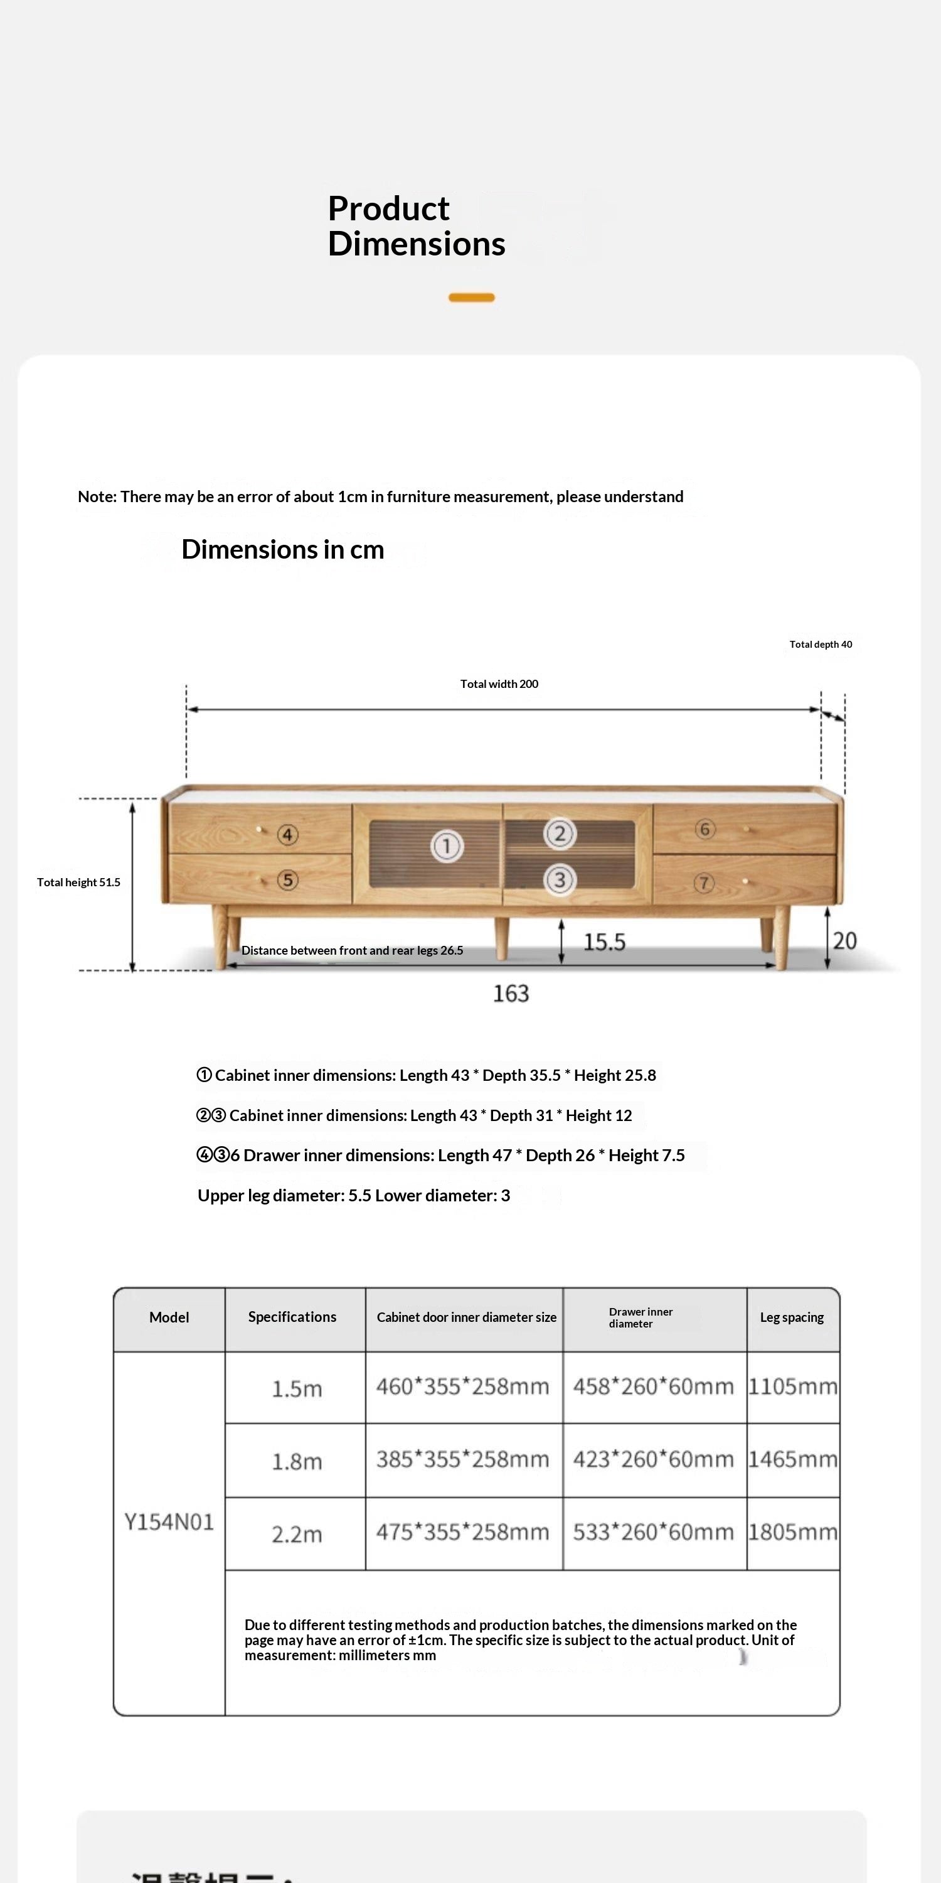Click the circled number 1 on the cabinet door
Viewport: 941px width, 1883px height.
point(447,847)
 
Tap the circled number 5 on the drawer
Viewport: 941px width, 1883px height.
point(288,879)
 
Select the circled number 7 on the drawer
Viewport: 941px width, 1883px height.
point(704,883)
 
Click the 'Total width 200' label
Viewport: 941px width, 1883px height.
point(499,684)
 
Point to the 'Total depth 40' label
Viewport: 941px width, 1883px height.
point(821,644)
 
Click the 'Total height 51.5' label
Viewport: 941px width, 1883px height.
point(79,882)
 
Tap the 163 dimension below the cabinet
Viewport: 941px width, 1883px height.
point(511,994)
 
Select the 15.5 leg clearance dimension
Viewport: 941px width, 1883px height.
point(604,942)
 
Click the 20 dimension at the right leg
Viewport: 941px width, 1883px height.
point(844,940)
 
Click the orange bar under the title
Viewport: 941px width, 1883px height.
point(471,298)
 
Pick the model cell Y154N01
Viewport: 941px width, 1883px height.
point(169,1523)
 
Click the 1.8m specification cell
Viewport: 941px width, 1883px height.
point(297,1461)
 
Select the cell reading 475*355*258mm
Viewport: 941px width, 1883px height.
point(462,1532)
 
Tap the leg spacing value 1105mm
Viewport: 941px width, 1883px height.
point(793,1387)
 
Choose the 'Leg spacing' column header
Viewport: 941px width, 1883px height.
point(792,1317)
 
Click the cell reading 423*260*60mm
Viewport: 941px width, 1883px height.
point(653,1459)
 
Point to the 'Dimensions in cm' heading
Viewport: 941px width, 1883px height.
point(283,549)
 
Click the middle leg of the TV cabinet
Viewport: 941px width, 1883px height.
point(501,938)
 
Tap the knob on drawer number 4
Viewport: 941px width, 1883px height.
point(258,829)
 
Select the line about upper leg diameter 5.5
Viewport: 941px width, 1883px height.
point(354,1195)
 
